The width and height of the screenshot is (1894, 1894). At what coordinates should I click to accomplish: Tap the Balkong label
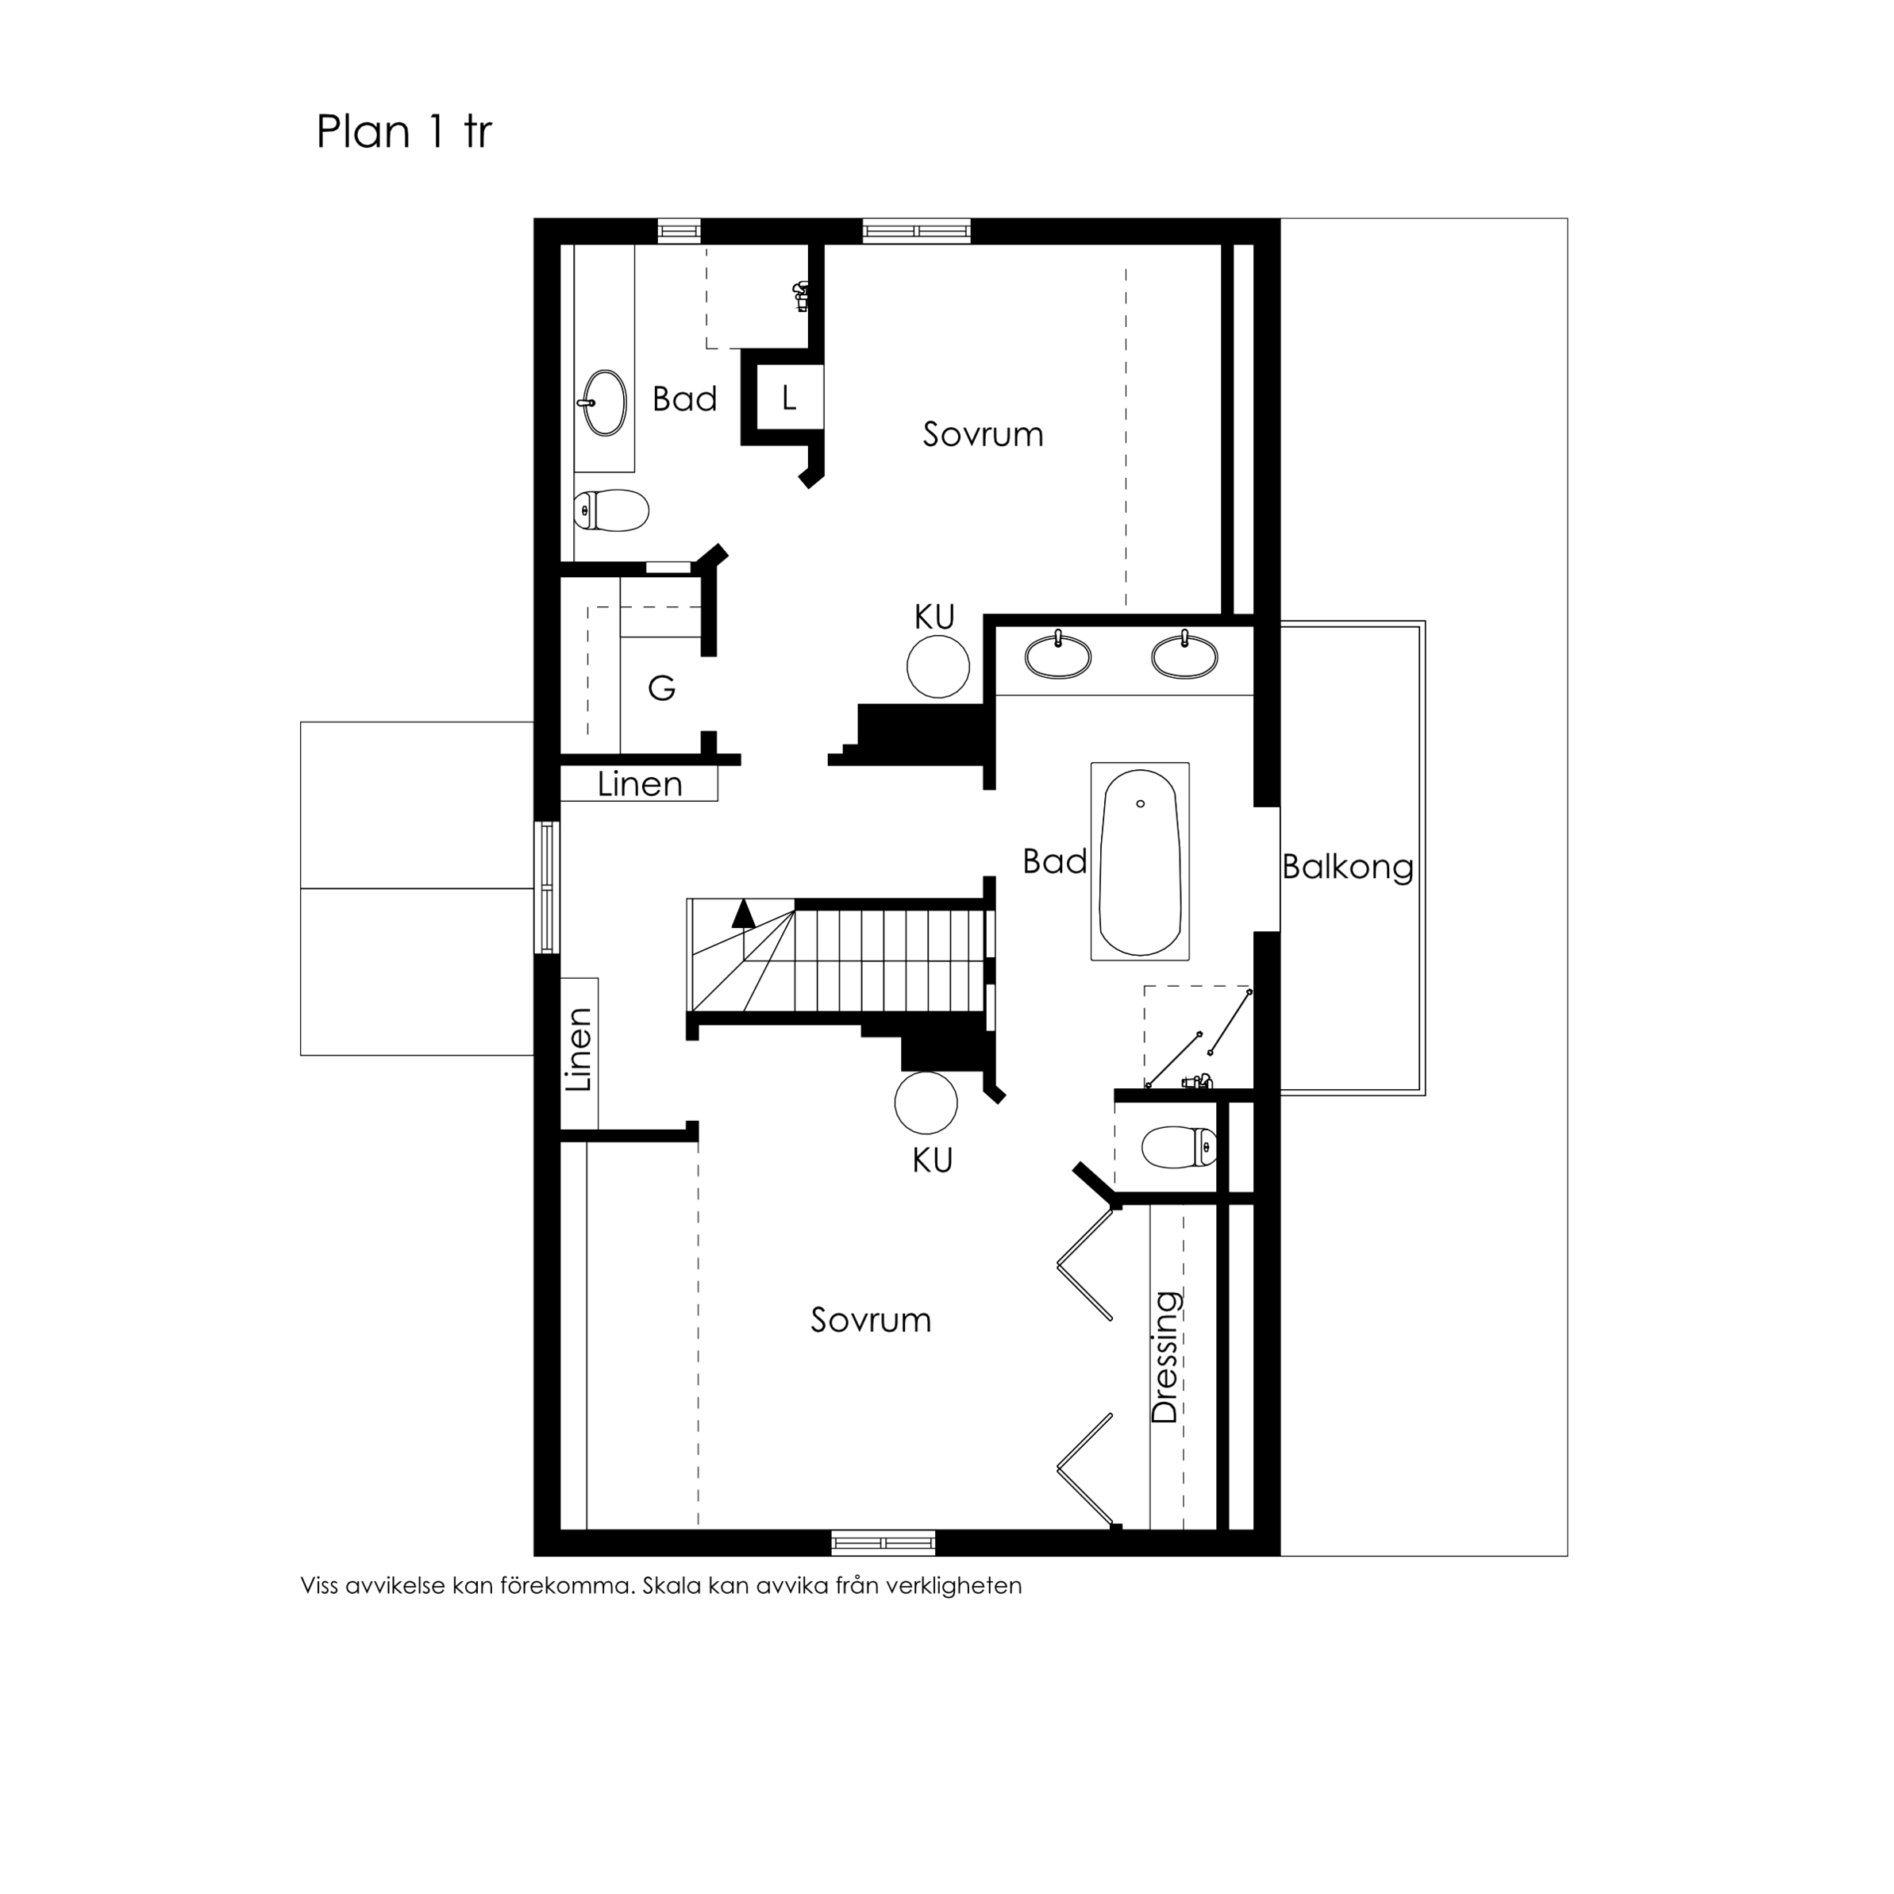point(1347,867)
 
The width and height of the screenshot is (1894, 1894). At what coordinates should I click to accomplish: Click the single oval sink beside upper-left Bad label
point(605,402)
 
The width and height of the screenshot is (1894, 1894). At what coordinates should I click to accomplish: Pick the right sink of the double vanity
point(1184,656)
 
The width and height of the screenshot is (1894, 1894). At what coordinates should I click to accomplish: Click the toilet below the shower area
point(1180,1147)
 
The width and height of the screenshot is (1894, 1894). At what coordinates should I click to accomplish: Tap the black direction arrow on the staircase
point(743,914)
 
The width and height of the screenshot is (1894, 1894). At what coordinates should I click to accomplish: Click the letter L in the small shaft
point(788,398)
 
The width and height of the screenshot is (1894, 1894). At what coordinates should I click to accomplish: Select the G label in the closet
point(662,688)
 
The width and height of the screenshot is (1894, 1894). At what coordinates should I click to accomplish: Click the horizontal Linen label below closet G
point(639,784)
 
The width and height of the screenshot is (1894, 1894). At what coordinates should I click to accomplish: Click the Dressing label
point(1165,1357)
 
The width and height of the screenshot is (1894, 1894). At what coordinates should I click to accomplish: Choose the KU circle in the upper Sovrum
point(937,666)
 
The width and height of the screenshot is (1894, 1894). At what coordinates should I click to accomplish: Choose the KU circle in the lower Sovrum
point(926,1103)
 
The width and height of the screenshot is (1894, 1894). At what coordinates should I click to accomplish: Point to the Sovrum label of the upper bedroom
point(982,434)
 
